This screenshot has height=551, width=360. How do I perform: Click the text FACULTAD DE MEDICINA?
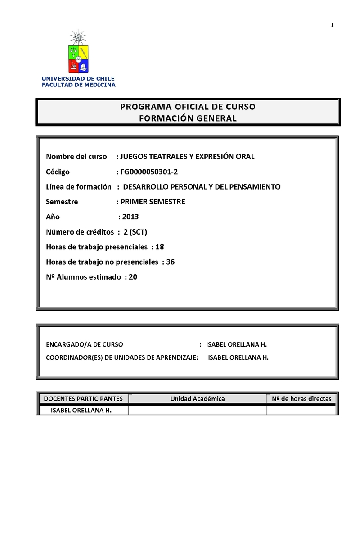tap(79, 85)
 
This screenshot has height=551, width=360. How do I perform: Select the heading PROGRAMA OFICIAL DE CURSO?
tap(187, 107)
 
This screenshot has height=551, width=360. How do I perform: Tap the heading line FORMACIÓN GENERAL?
tap(187, 118)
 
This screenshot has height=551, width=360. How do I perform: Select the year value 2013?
tap(130, 217)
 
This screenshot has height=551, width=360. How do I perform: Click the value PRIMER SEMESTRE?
tap(153, 202)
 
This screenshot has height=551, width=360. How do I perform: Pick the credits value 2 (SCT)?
tap(135, 232)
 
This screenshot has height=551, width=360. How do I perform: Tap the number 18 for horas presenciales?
tap(159, 247)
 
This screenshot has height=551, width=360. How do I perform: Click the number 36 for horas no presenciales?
tap(170, 262)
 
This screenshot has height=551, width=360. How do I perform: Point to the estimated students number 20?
tap(133, 277)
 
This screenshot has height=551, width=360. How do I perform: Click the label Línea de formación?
tap(78, 186)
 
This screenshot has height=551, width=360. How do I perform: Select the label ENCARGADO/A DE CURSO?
tap(84, 344)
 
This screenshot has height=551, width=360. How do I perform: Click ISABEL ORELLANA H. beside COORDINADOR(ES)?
tap(238, 357)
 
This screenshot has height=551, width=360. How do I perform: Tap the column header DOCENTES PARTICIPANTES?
tap(83, 398)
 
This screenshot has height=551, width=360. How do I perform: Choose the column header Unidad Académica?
tap(197, 398)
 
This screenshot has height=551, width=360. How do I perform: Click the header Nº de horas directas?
tap(301, 398)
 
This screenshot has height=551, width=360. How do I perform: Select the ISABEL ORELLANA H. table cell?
tap(81, 410)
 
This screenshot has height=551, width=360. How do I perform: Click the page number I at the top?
tap(332, 25)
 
